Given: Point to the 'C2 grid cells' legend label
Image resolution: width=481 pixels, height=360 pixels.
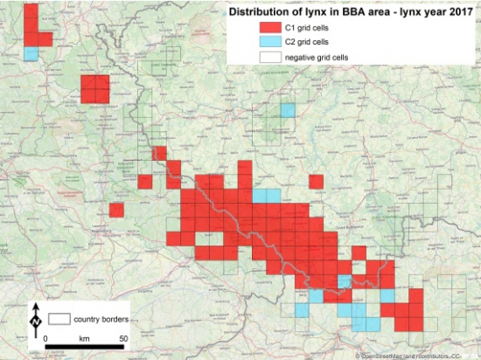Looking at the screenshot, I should pos(312,43).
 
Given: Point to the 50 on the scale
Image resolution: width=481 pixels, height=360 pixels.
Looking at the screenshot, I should pos(125,337).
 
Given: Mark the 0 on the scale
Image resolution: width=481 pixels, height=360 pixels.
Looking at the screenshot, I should pos(43,337).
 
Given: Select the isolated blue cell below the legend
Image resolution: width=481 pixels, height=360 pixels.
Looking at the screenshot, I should pos(288,110).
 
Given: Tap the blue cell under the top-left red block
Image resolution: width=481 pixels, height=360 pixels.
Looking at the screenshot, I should pos(31,54).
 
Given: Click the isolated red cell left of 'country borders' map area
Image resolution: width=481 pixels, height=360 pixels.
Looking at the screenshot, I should pos(116,210).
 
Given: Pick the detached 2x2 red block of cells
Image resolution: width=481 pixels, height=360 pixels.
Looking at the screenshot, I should pos(95,89).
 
